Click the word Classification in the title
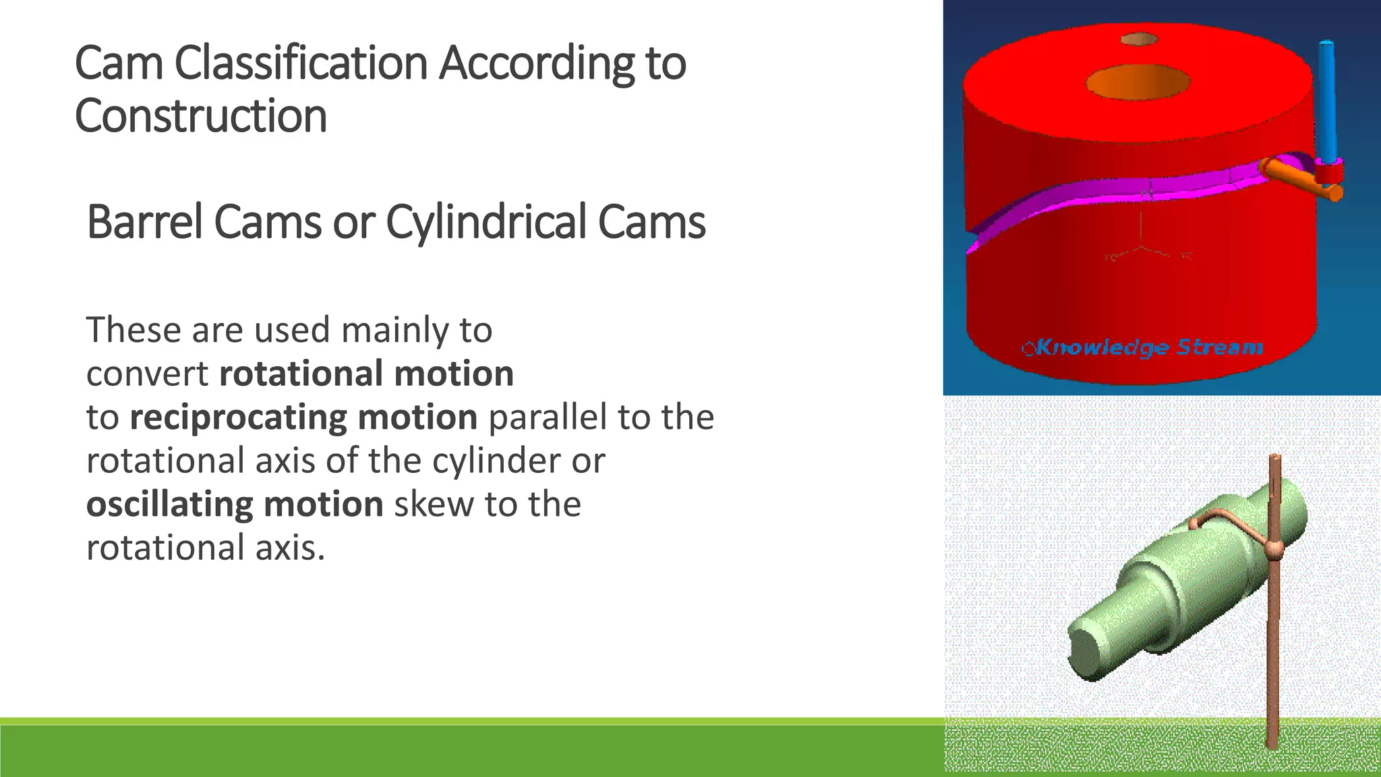click(301, 63)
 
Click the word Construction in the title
click(201, 116)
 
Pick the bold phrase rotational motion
click(367, 374)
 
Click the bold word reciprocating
click(238, 417)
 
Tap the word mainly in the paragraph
click(394, 330)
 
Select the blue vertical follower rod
click(1326, 101)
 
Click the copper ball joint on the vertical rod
click(1272, 550)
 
